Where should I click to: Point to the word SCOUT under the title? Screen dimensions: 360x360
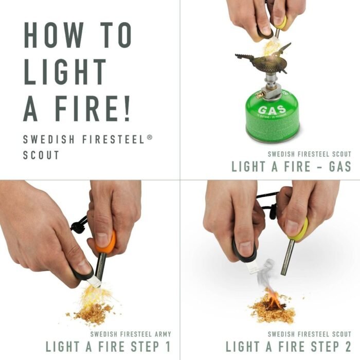click(x=41, y=155)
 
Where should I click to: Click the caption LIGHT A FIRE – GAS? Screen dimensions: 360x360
click(x=291, y=166)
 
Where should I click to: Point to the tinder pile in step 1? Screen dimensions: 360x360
click(x=92, y=311)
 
